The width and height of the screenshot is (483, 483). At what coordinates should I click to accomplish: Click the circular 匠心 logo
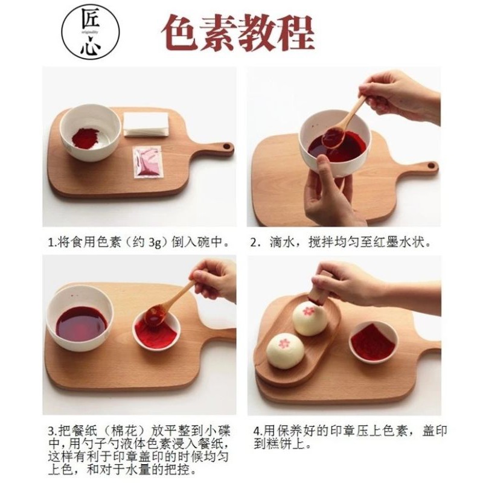91,32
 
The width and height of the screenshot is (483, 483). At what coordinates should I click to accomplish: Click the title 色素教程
238,33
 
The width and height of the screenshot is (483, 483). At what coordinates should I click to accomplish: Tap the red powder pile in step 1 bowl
86,138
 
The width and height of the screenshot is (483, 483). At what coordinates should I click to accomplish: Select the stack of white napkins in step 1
146,124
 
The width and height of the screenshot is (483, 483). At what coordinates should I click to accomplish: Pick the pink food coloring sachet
147,162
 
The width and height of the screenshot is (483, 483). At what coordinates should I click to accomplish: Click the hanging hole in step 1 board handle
226,146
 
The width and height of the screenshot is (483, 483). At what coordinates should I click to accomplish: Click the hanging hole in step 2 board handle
432,165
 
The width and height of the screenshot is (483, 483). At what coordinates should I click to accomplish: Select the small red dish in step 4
373,342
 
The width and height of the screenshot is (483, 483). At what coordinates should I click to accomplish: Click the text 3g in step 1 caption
155,243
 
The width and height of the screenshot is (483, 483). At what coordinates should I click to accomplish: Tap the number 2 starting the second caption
253,243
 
